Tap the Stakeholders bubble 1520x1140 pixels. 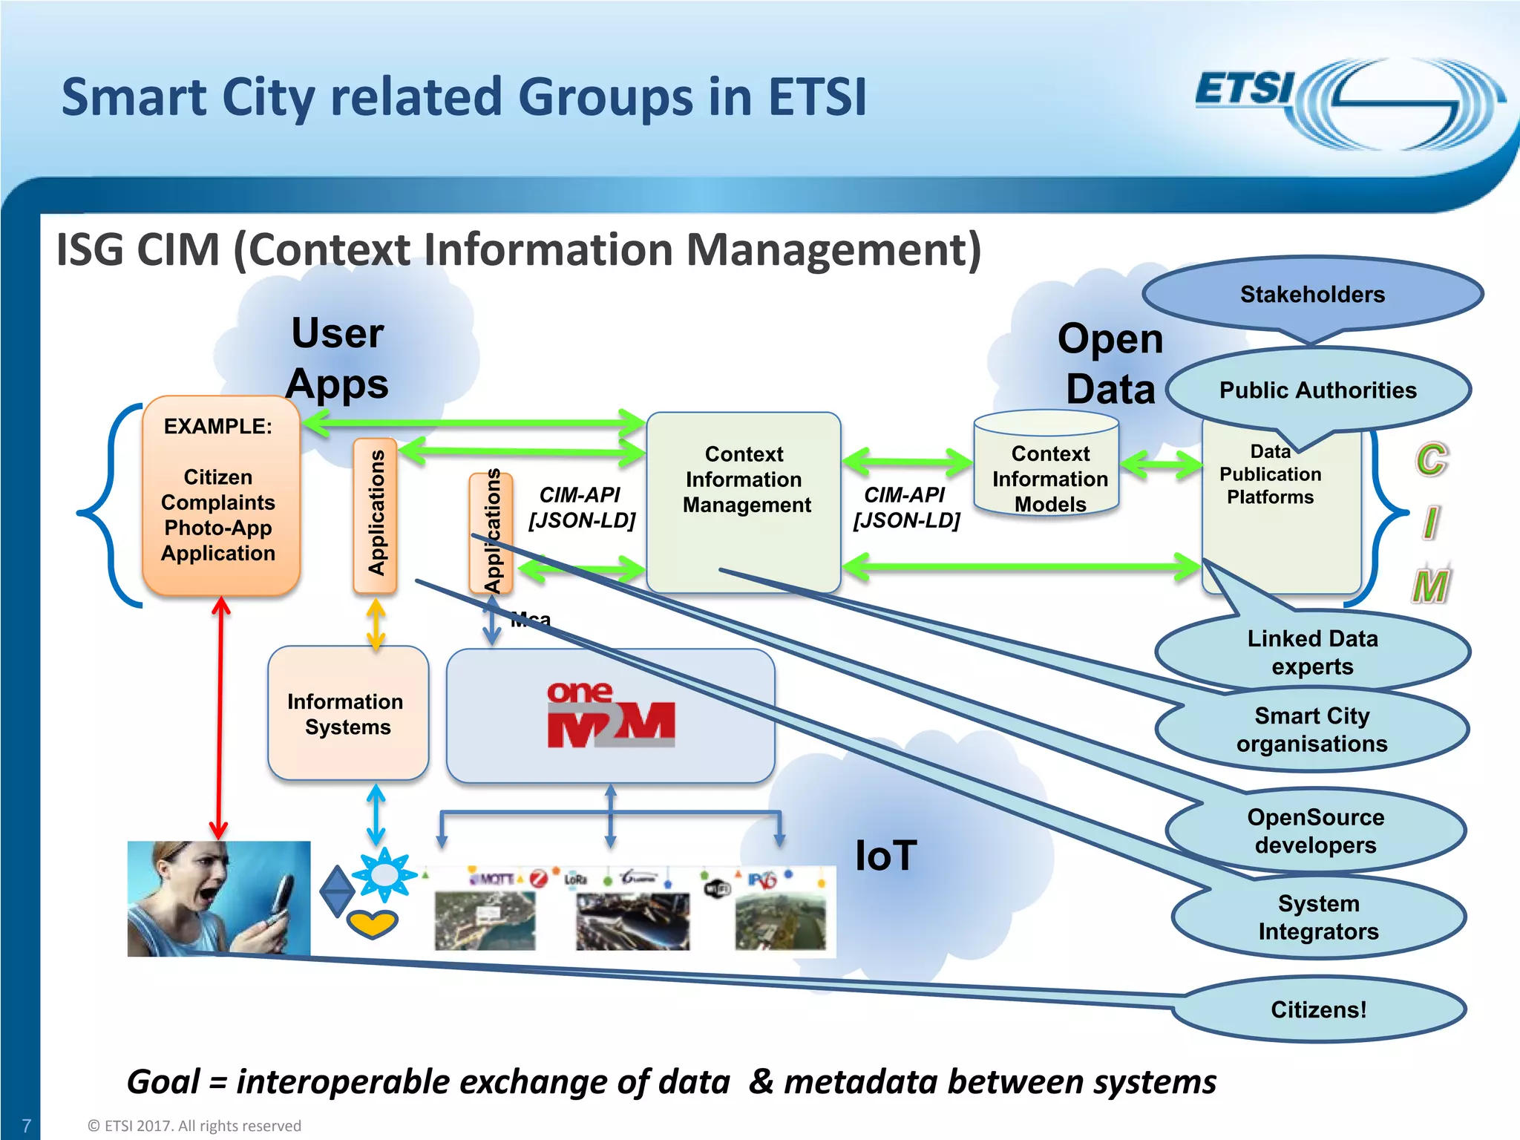1311,295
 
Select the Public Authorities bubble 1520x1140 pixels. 1317,390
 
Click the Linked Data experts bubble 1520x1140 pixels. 1312,652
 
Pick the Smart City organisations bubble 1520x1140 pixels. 1311,730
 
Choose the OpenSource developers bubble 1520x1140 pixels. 1315,831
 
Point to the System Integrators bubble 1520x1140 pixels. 1318,917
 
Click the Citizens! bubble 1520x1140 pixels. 1318,1009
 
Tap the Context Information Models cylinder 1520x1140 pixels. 1049,475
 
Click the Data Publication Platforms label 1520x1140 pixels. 1270,474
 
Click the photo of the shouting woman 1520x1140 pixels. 218,898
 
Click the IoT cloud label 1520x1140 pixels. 885,855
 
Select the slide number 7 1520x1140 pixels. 26,1125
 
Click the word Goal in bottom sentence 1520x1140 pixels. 163,1082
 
